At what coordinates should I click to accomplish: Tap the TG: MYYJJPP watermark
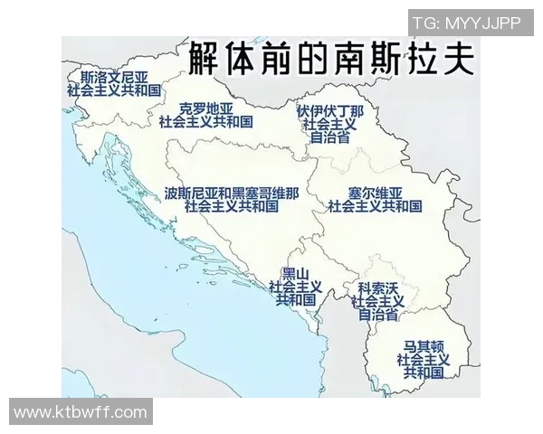(x=466, y=23)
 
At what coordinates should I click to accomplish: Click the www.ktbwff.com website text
(x=81, y=412)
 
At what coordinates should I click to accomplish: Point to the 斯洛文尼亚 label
(x=114, y=77)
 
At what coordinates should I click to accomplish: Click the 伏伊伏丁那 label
(x=330, y=111)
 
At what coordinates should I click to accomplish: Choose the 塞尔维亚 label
(x=375, y=192)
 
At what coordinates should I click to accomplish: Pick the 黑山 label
(x=296, y=272)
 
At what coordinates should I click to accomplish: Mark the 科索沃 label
(x=378, y=287)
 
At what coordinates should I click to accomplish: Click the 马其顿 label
(x=424, y=345)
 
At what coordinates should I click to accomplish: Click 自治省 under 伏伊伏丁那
(x=330, y=138)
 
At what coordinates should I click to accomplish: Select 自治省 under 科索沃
(x=378, y=315)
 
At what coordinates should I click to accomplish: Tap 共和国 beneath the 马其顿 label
(x=424, y=372)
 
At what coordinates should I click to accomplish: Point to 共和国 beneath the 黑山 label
(x=296, y=299)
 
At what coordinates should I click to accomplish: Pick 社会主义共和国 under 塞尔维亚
(x=375, y=206)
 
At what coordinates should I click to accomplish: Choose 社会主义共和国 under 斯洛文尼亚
(x=114, y=90)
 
